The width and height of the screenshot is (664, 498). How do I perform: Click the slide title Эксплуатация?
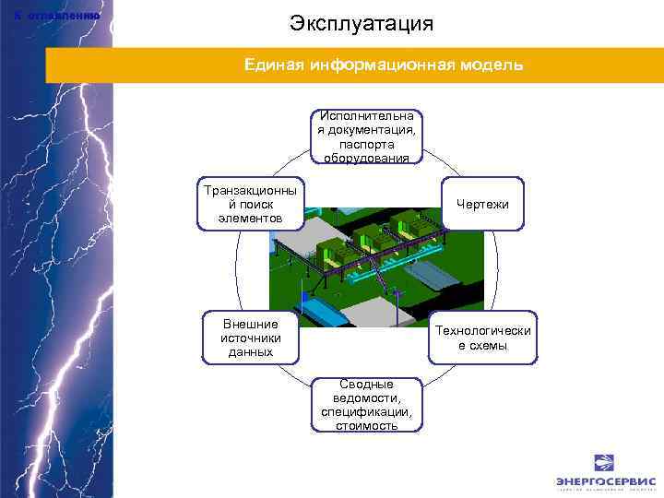[361, 23]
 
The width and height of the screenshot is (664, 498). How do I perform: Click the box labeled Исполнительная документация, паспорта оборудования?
[366, 136]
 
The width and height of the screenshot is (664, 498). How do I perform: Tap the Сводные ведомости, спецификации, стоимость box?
[366, 404]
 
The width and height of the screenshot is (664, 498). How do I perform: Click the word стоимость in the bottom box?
[366, 425]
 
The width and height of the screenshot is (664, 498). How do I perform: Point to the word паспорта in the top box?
[366, 144]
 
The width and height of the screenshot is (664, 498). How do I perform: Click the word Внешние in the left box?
[251, 324]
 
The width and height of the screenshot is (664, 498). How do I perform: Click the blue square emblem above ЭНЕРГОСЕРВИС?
[605, 462]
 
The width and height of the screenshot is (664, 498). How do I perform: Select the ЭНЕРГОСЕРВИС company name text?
[605, 481]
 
